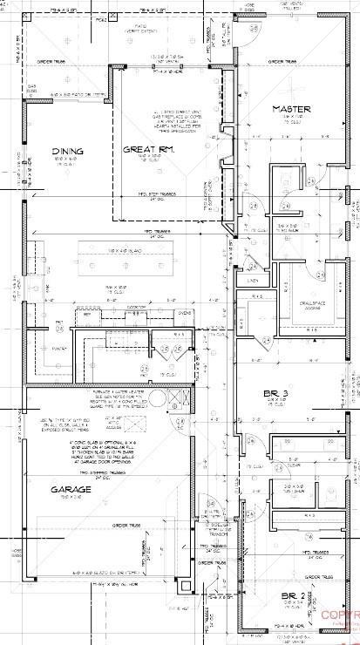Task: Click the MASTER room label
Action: [x=291, y=109]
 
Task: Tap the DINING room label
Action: [x=68, y=150]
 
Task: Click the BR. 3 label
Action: [x=277, y=394]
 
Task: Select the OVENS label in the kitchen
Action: [x=186, y=313]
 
